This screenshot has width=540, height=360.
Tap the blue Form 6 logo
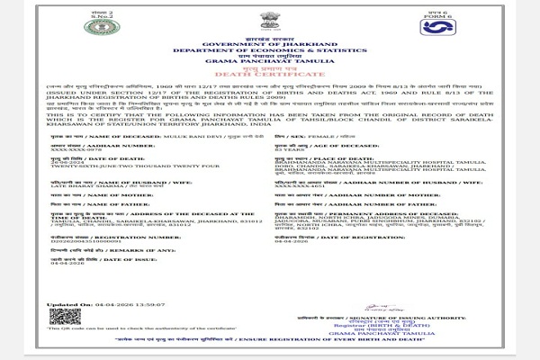(x=435, y=28)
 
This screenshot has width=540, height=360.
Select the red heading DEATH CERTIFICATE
(x=270, y=71)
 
